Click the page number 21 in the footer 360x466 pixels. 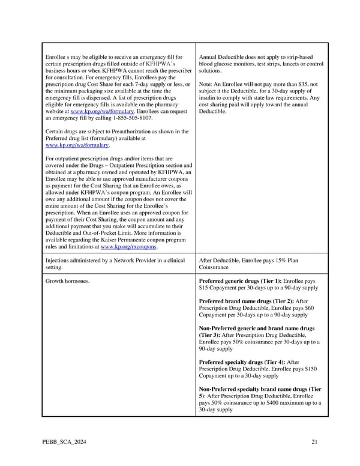[314, 443]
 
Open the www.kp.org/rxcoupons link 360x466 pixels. [130, 247]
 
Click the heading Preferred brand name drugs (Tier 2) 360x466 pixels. [246, 301]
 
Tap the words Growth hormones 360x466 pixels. [67, 280]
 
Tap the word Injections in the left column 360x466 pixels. [58, 260]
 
